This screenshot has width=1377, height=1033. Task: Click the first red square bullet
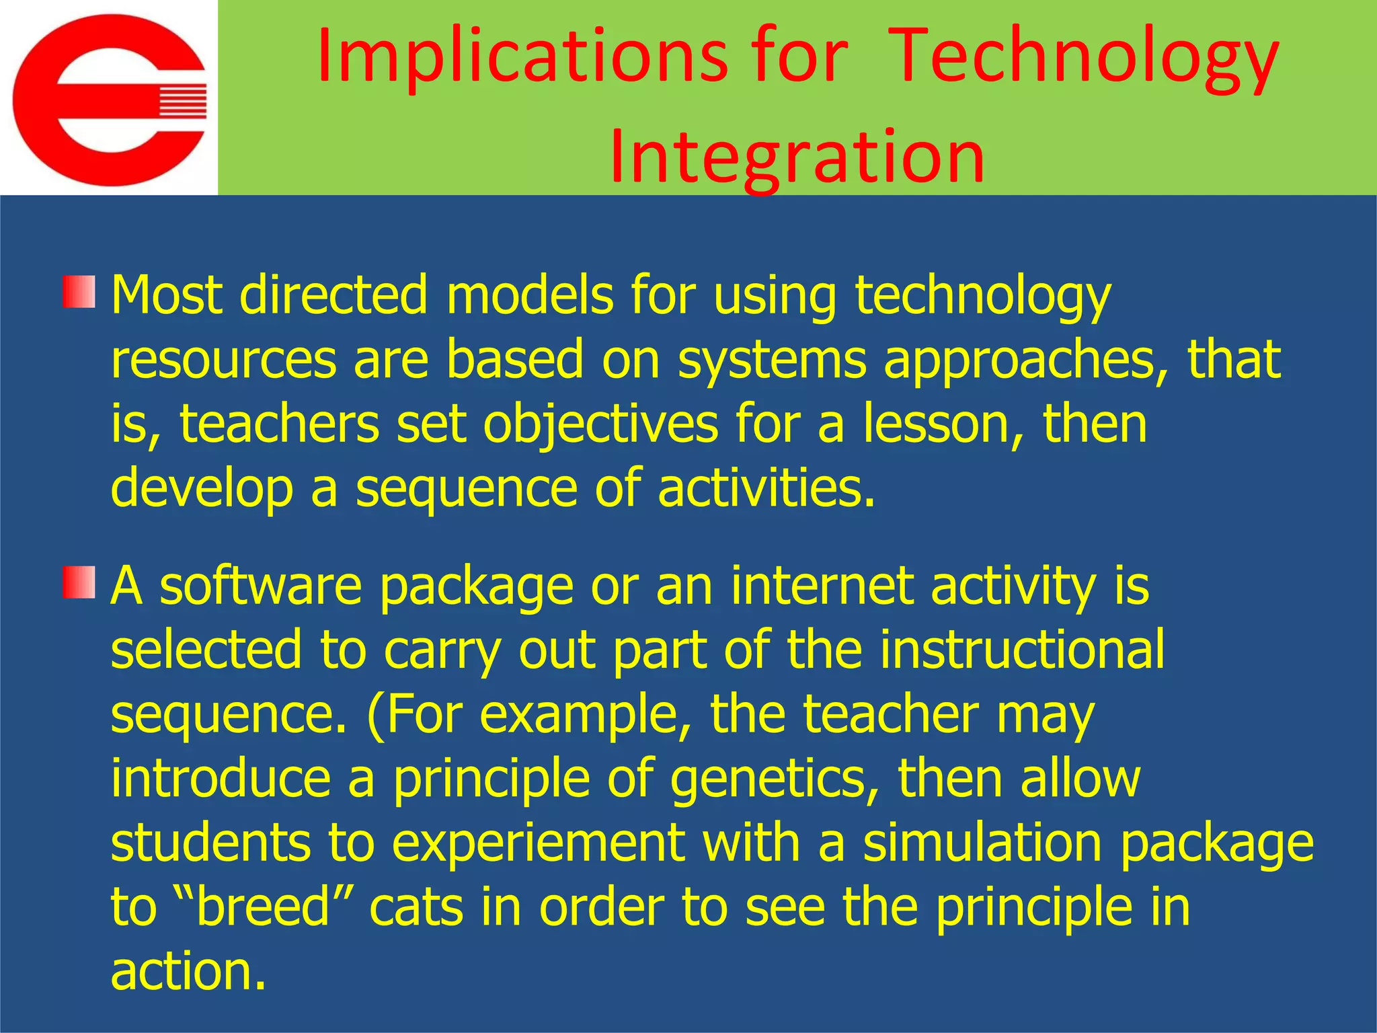pos(79,292)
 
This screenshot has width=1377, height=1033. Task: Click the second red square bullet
pos(79,582)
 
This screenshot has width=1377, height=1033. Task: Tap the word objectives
pos(601,425)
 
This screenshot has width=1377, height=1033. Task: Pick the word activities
pos(766,488)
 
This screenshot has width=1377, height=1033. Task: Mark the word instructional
pos(1022,650)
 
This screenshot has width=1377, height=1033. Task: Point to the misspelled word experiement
pos(538,843)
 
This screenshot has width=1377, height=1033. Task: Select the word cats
pos(417,908)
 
